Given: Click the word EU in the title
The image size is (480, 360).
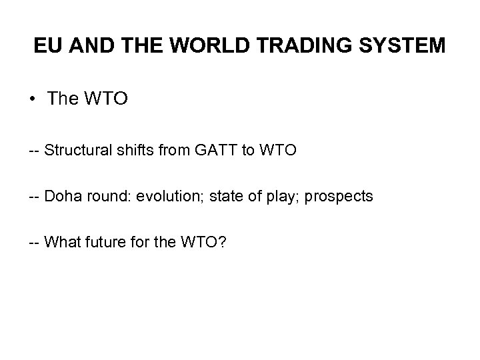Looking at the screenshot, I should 47,46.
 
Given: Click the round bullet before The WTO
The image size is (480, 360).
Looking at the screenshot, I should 33,100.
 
